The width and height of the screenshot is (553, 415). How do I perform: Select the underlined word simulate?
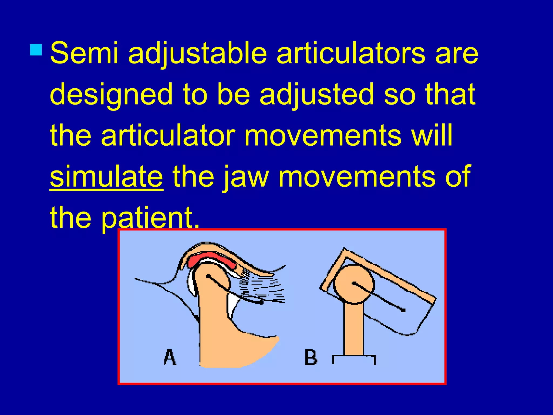tap(106, 177)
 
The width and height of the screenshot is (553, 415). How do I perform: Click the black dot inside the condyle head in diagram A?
tap(208, 276)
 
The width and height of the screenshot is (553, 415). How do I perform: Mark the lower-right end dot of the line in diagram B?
tap(403, 310)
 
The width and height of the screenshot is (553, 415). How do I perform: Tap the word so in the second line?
tap(399, 95)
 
